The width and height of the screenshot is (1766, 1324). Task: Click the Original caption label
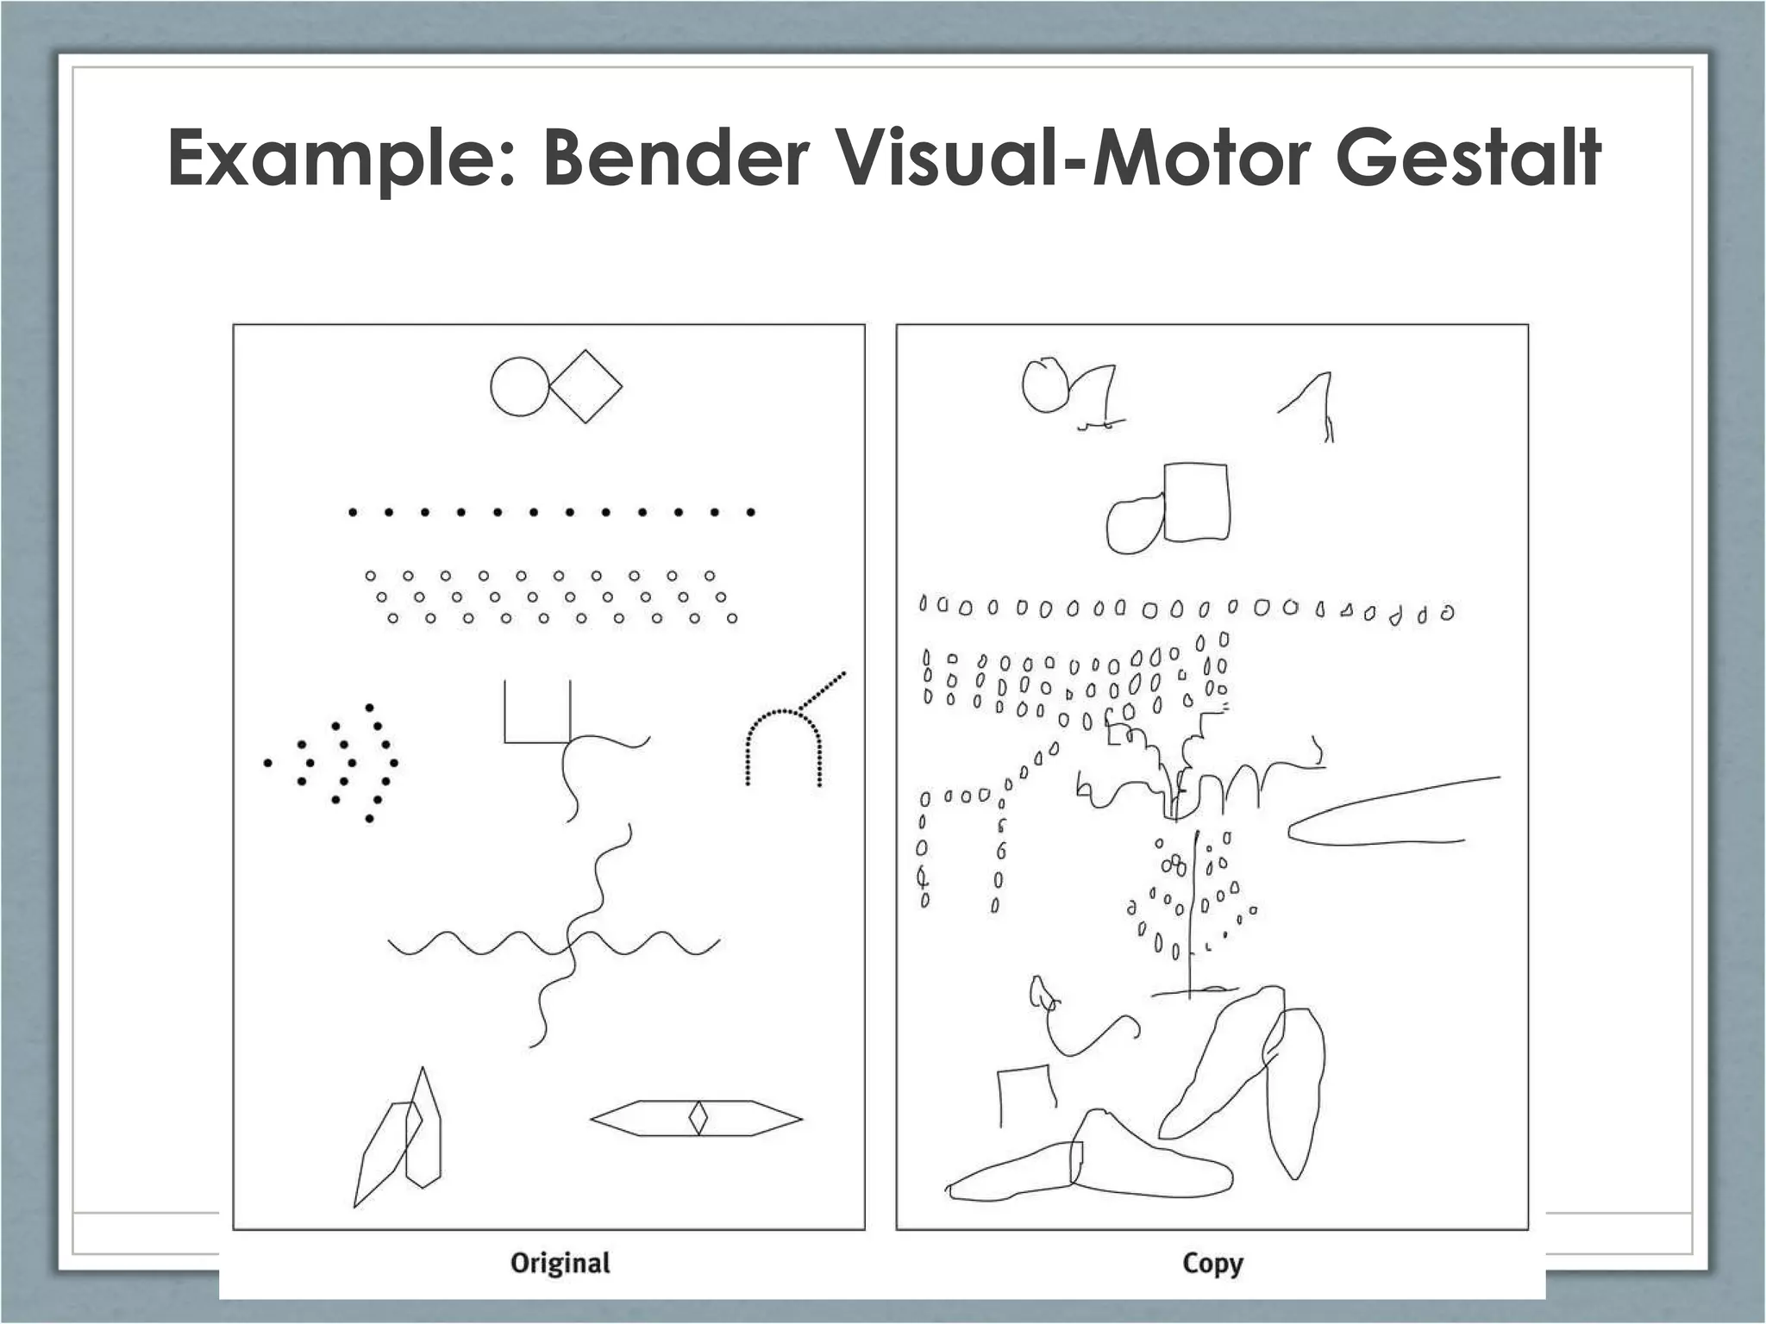560,1263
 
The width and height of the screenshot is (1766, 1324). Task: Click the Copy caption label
1212,1264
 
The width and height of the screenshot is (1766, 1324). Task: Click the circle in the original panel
520,387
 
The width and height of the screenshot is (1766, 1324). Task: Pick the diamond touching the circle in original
586,386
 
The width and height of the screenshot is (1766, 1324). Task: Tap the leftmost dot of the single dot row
353,513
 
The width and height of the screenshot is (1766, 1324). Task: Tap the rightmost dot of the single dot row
751,513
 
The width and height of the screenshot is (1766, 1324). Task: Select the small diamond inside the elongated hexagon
698,1119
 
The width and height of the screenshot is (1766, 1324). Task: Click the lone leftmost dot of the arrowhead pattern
268,763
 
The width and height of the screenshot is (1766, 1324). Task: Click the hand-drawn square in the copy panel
1196,503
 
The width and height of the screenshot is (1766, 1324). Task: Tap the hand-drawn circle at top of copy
1044,385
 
